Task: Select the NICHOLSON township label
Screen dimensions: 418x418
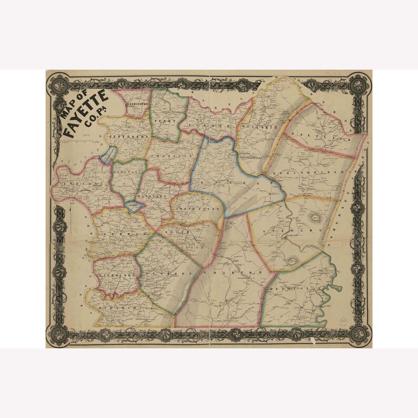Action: pyautogui.click(x=116, y=275)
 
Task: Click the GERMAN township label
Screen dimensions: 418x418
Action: pyautogui.click(x=116, y=234)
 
